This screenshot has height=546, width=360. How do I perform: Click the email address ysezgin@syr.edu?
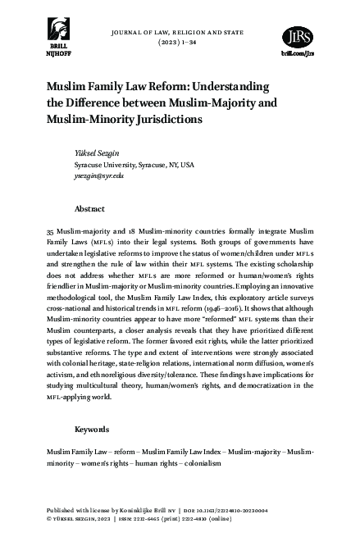tap(98, 175)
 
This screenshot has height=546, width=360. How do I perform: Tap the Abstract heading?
tap(89, 209)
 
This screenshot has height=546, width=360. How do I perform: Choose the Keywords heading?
tap(93, 429)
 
